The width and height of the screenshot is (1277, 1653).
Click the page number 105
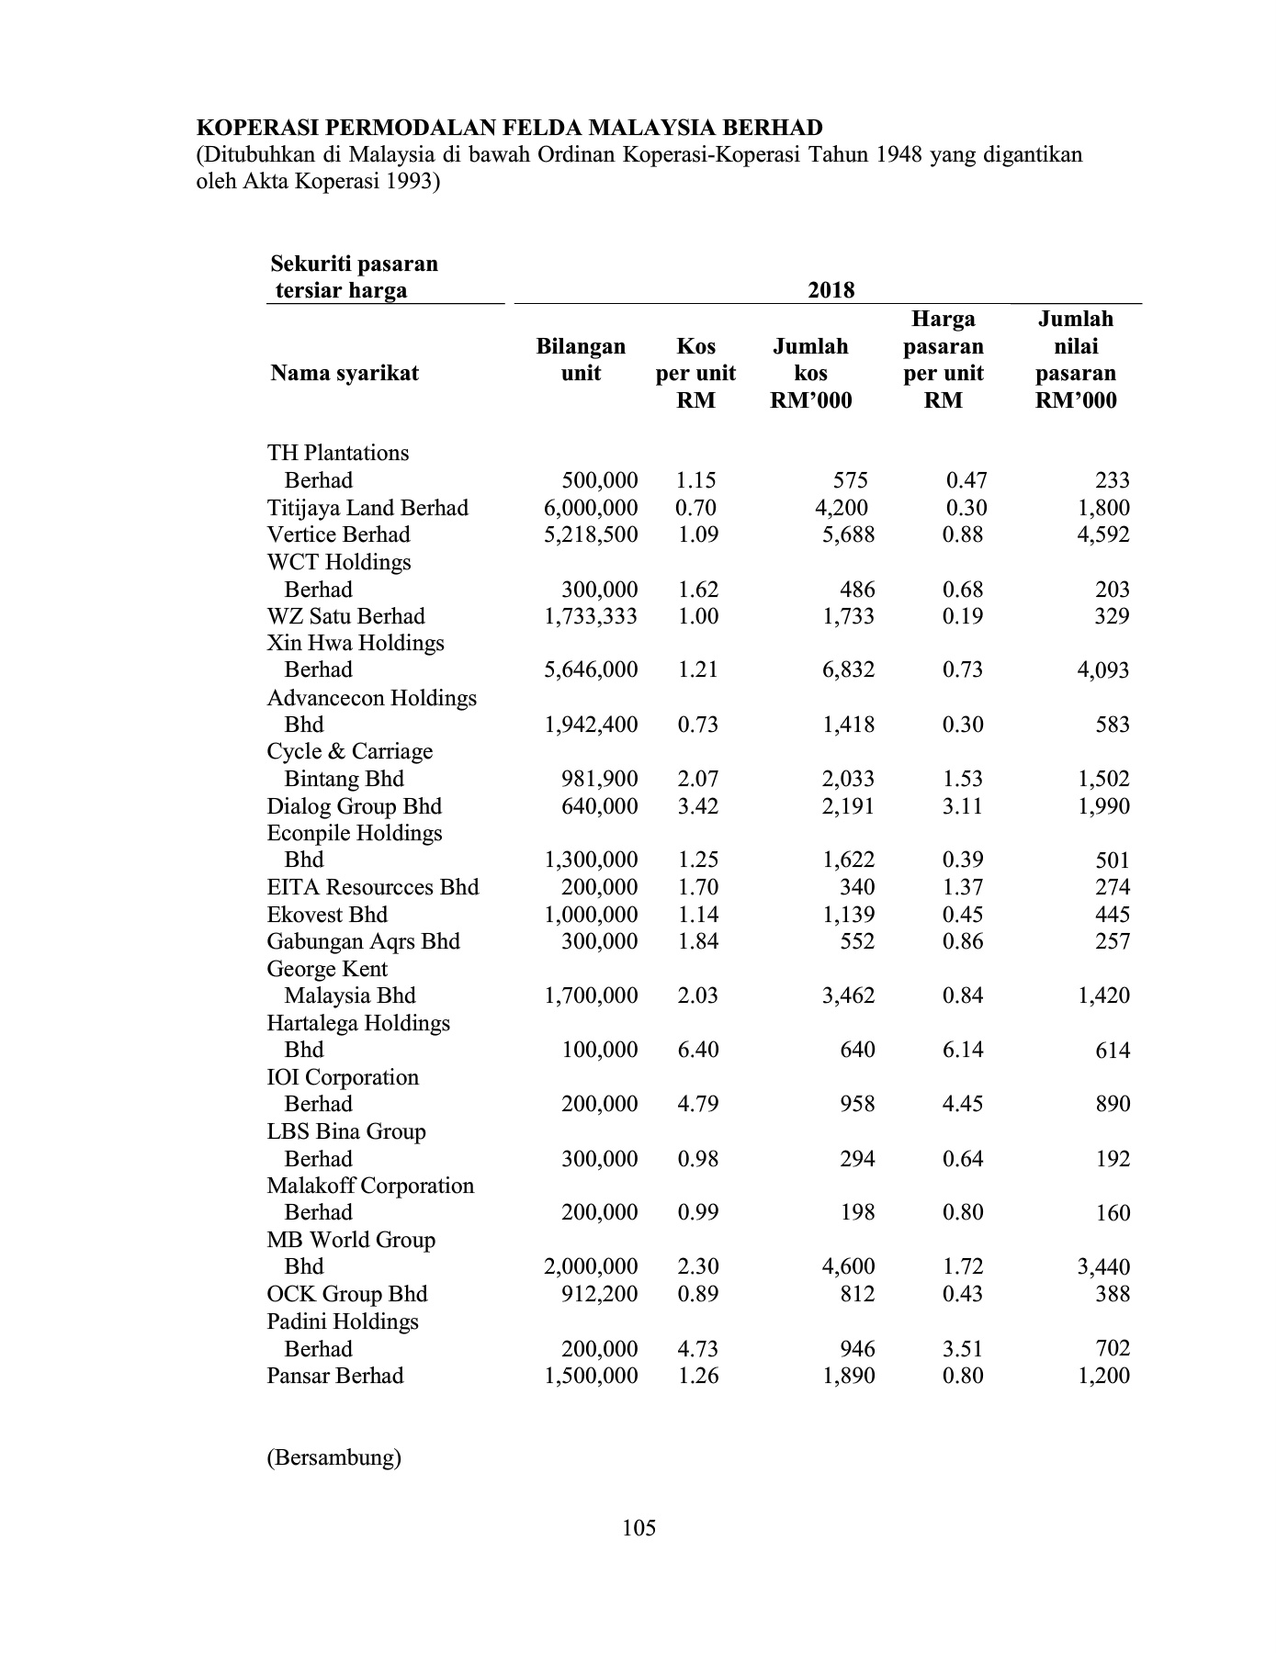pyautogui.click(x=638, y=1528)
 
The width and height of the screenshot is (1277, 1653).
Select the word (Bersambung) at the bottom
pyautogui.click(x=333, y=1457)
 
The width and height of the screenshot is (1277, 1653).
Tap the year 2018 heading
pyautogui.click(x=831, y=291)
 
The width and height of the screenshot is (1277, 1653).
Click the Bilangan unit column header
pyautogui.click(x=581, y=359)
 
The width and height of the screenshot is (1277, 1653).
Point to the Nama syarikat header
pyautogui.click(x=345, y=373)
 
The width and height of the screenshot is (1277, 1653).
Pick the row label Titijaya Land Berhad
pyautogui.click(x=367, y=508)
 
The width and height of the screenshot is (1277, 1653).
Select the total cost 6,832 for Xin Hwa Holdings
pyautogui.click(x=848, y=670)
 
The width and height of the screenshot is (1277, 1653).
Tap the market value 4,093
pyautogui.click(x=1102, y=670)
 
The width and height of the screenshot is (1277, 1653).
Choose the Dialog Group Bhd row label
pyautogui.click(x=354, y=806)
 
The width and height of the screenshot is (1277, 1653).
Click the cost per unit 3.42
pyautogui.click(x=697, y=806)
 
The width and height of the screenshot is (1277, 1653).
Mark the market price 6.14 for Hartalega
pyautogui.click(x=963, y=1050)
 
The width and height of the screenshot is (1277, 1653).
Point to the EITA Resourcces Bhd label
pyautogui.click(x=372, y=887)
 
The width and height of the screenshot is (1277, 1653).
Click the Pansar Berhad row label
pyautogui.click(x=334, y=1376)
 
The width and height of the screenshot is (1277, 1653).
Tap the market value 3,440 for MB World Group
pyautogui.click(x=1102, y=1267)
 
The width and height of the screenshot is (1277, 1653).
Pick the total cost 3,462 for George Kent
pyautogui.click(x=848, y=995)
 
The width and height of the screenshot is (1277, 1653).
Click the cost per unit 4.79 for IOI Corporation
pyautogui.click(x=697, y=1104)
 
